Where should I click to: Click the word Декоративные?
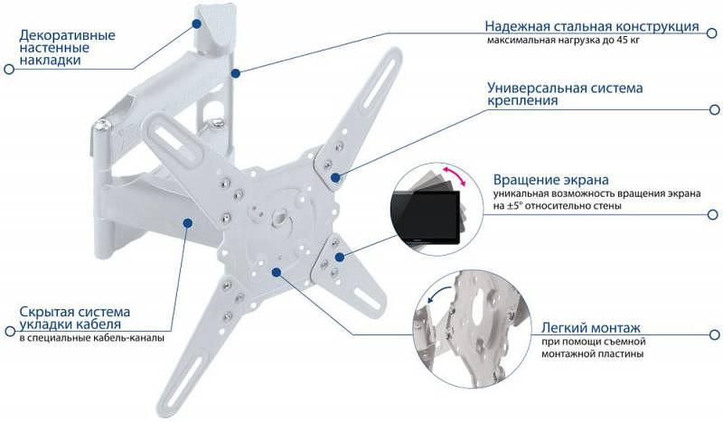(67, 35)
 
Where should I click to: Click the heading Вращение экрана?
(551, 179)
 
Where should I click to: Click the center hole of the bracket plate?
(279, 217)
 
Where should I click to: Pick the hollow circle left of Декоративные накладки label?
(8, 69)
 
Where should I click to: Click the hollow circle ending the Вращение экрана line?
(712, 214)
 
